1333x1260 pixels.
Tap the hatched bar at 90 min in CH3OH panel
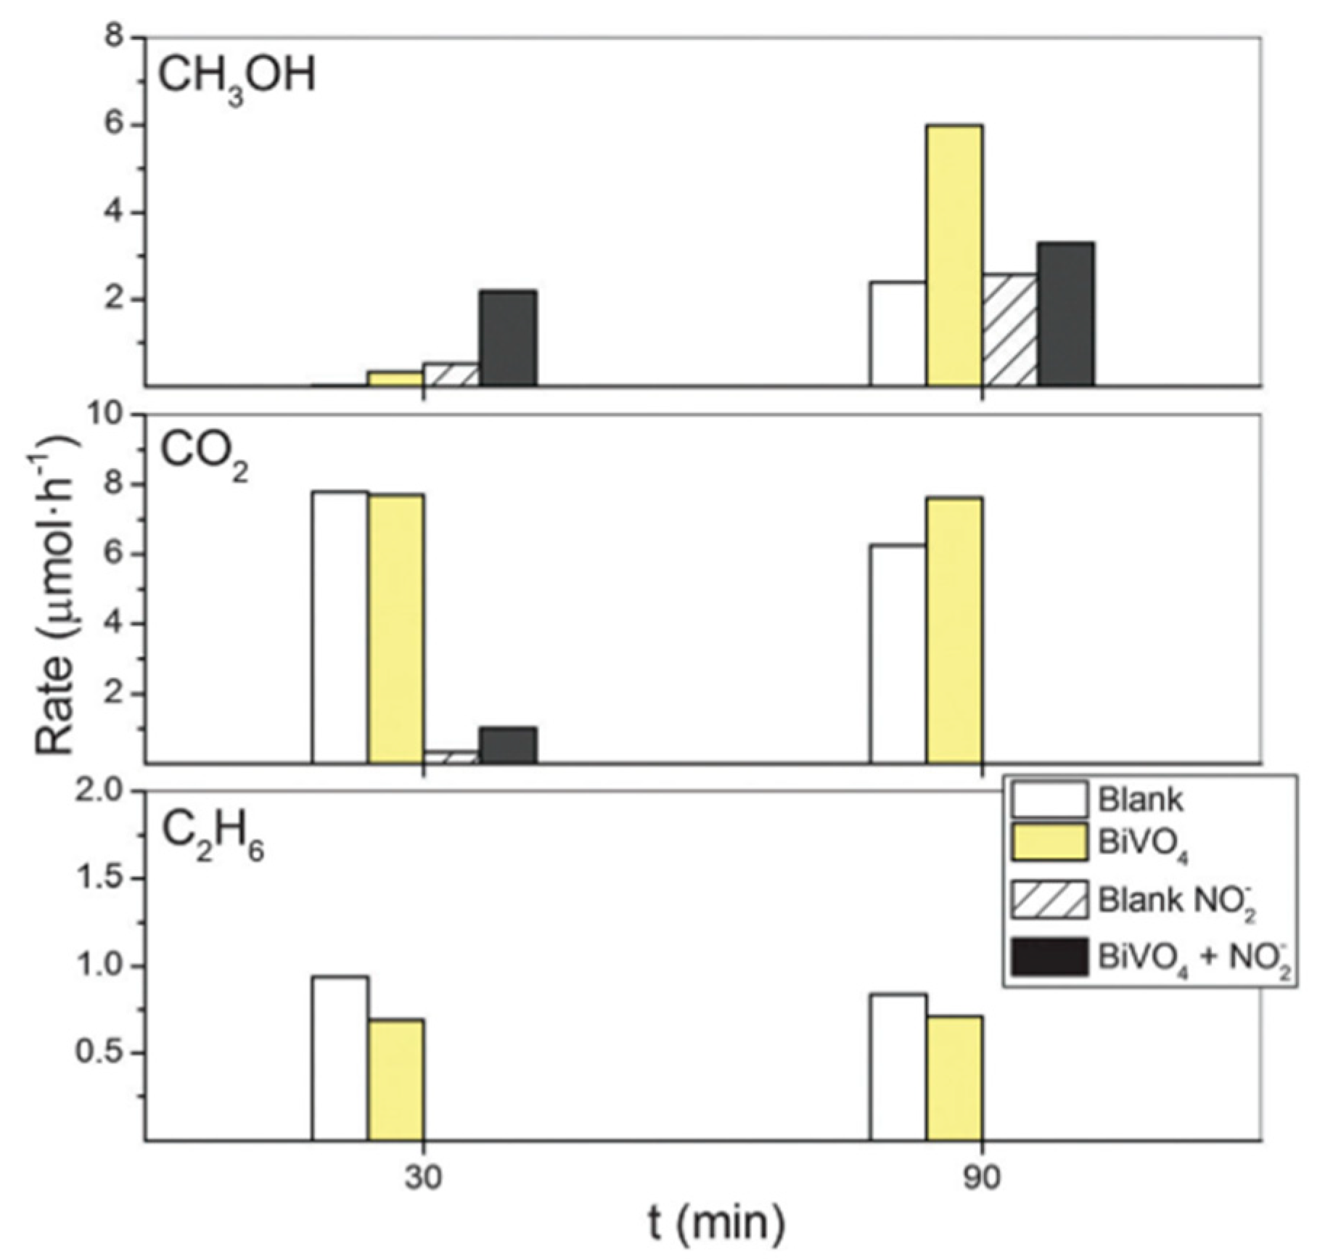pos(1009,330)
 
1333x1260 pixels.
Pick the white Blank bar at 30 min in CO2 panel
pos(340,627)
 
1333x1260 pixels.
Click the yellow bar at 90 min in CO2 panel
pos(953,630)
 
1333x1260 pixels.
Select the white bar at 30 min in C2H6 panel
pos(340,1058)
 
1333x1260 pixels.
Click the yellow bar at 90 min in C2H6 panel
pos(953,1077)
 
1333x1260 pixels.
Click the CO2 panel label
pos(203,454)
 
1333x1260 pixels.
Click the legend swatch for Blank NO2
pos(1049,899)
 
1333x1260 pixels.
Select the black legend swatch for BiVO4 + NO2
pos(1049,957)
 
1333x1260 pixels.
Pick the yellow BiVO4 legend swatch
pos(1049,842)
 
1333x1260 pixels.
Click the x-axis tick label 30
pos(423,1178)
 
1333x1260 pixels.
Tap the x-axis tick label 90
pos(981,1178)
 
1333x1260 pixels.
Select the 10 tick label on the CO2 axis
pos(108,416)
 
